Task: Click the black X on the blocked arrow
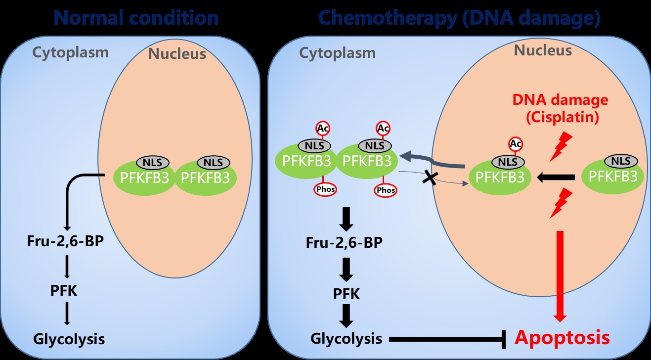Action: coord(429,179)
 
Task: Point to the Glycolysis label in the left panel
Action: coord(69,339)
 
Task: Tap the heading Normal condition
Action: coord(135,18)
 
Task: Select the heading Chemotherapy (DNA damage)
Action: coord(459,18)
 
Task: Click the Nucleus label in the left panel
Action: coord(177,53)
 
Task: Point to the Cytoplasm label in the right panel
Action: coord(338,52)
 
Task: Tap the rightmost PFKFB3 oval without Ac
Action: coord(613,176)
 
